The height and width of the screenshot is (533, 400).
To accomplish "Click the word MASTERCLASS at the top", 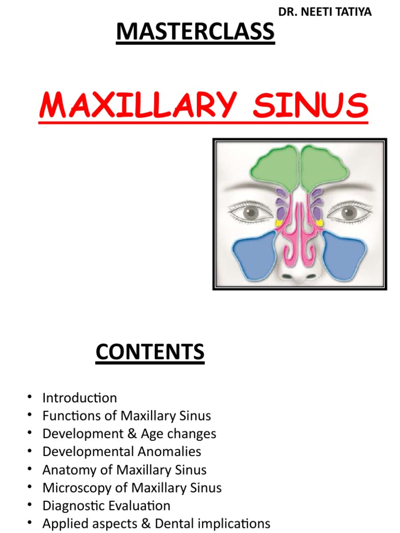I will pos(195,32).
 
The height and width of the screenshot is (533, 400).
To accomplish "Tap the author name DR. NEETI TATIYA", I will pos(325,12).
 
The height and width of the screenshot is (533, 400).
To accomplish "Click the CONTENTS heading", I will pos(150,352).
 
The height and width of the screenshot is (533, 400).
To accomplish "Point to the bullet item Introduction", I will pos(80,398).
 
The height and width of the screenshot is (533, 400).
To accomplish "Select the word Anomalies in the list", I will pos(175,451).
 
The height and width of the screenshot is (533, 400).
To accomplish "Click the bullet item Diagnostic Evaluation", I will pos(106,505).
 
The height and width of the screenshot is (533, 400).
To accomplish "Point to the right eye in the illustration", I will pos(347,212).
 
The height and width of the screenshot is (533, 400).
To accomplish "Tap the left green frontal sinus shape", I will pos(274,168).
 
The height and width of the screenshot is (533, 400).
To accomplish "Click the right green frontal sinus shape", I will pos(325,168).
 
